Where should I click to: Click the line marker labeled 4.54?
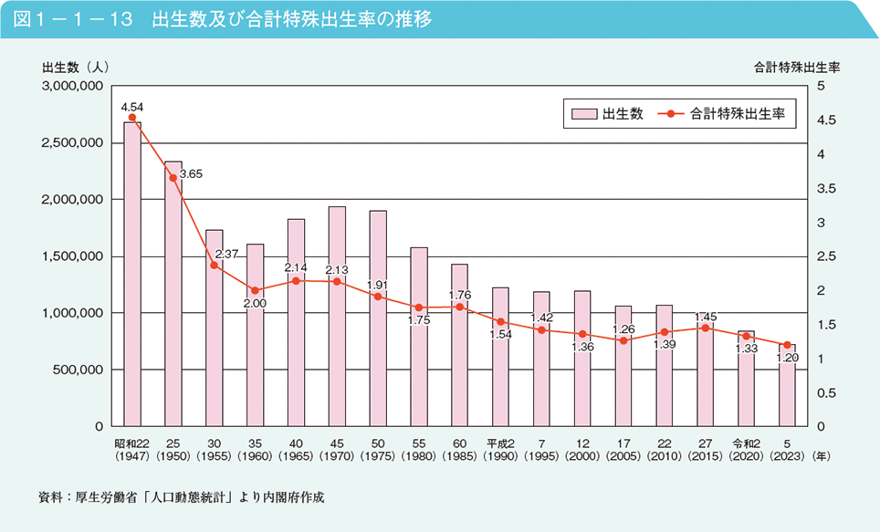132,118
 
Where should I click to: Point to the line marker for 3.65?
173,178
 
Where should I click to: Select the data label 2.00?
255,303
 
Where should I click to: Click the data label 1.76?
460,295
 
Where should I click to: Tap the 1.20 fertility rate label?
786,358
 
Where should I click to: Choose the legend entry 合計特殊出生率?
726,114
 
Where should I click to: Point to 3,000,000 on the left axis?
71,86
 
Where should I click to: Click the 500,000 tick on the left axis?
77,370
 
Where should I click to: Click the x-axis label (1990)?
500,454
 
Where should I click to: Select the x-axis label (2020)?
746,454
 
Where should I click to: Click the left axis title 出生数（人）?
76,67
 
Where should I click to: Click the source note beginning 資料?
183,498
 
